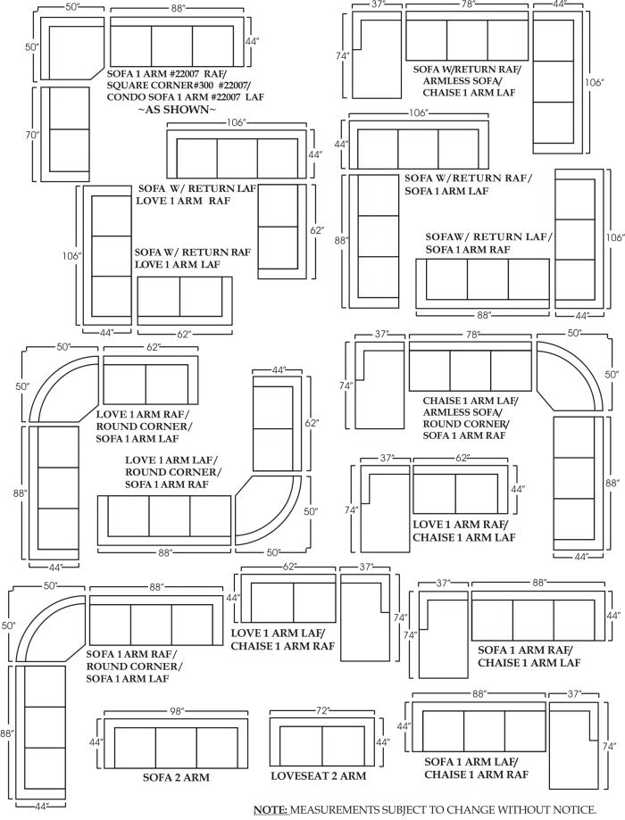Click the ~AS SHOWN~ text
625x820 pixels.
(176, 109)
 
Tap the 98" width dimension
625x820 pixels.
(178, 710)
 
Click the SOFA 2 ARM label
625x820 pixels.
(176, 777)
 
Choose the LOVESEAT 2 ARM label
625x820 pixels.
(318, 776)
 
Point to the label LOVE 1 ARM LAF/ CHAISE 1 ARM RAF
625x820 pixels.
(277, 640)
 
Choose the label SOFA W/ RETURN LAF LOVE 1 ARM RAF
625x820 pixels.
(196, 195)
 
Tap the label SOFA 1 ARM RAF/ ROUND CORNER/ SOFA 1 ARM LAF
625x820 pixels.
(134, 666)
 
